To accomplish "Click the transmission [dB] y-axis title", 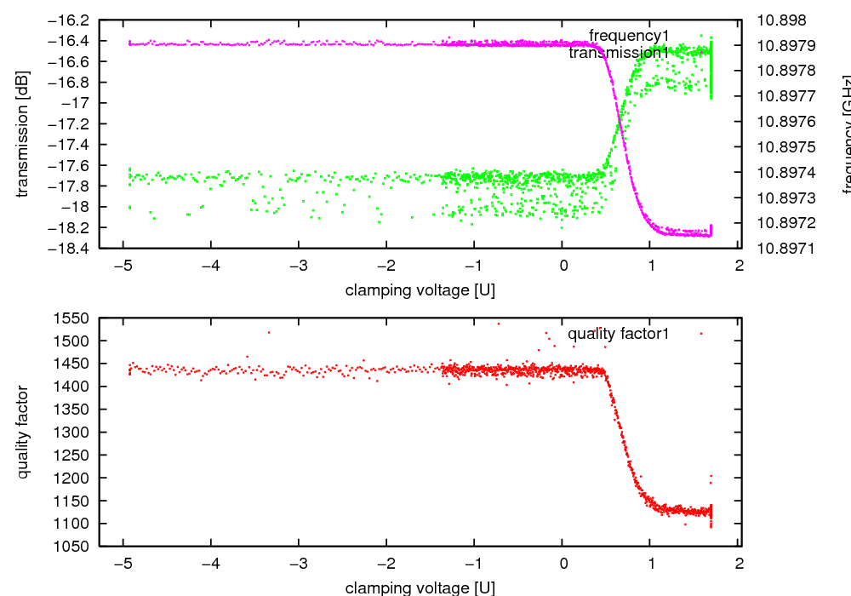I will pyautogui.click(x=23, y=135).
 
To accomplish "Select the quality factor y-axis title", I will pyautogui.click(x=23, y=432).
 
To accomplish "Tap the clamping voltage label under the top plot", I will pyautogui.click(x=420, y=290).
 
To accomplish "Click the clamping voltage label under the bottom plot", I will pyautogui.click(x=420, y=587).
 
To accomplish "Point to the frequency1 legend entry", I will pyautogui.click(x=629, y=36).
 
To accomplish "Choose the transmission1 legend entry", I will pyautogui.click(x=619, y=53).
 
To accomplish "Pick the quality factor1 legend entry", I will pyautogui.click(x=618, y=334).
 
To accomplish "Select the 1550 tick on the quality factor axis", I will pyautogui.click(x=75, y=318).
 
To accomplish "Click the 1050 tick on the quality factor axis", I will pyautogui.click(x=75, y=546).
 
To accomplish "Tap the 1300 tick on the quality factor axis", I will pyautogui.click(x=75, y=433).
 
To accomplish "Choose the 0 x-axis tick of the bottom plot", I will pyautogui.click(x=563, y=563).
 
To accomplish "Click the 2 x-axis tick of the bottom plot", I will pyautogui.click(x=740, y=563).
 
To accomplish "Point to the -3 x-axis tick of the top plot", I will pyautogui.click(x=299, y=266).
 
